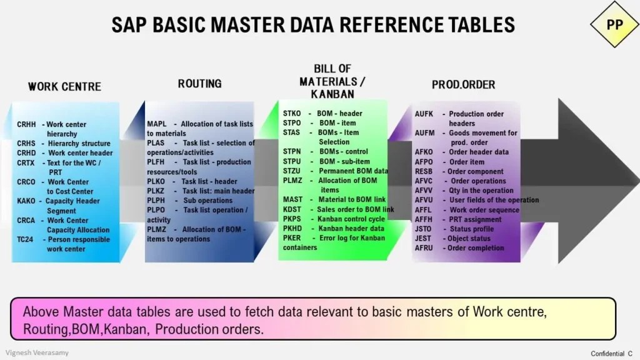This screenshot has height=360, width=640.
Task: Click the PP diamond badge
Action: tap(614, 23)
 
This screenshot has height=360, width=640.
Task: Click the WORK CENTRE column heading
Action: tap(64, 86)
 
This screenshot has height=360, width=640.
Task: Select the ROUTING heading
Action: tap(199, 84)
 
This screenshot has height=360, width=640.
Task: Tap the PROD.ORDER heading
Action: tap(463, 84)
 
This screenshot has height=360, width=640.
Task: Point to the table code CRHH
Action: tap(27, 124)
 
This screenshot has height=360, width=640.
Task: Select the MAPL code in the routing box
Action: tap(157, 124)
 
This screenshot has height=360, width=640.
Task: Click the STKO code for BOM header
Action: tap(292, 114)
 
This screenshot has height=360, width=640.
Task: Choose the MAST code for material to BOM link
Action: tap(292, 199)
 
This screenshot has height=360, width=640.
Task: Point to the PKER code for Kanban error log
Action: tap(292, 237)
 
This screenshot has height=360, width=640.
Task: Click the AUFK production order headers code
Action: tap(424, 114)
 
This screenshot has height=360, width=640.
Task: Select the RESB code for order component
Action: tap(424, 171)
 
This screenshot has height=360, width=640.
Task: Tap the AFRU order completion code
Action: tap(424, 247)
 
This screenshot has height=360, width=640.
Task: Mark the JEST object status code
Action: tap(424, 238)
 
